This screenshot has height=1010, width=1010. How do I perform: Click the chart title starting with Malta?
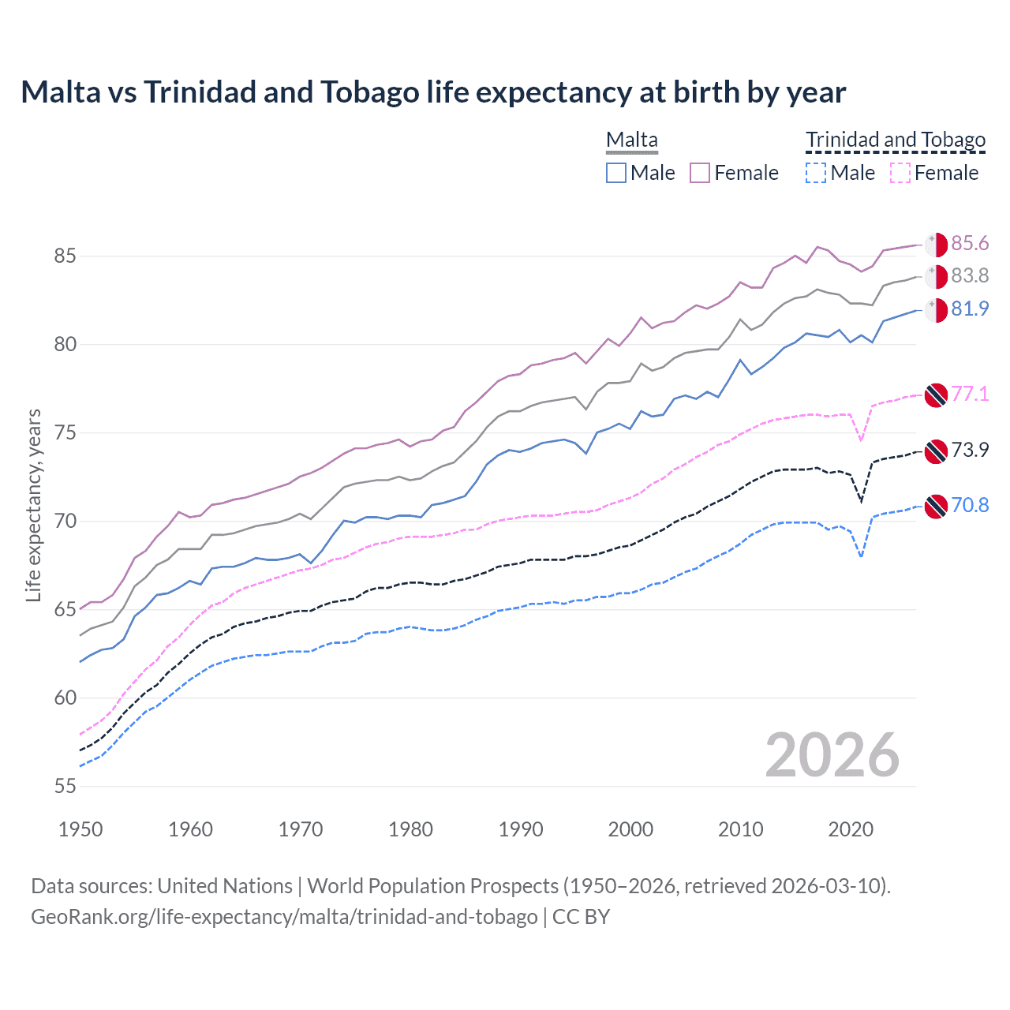point(433,92)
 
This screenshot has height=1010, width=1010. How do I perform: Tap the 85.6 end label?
point(970,244)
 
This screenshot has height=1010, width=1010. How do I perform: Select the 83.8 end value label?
point(970,276)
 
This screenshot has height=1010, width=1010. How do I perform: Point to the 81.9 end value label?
point(970,309)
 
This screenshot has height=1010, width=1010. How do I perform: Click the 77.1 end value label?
point(970,394)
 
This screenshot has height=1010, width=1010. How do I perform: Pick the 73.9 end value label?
point(970,451)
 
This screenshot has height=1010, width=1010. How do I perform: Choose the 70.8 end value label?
point(970,506)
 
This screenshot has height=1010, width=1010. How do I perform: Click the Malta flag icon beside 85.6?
point(936,245)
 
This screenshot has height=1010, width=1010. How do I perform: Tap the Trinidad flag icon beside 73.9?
point(936,451)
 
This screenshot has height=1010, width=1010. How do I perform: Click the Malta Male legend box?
point(616,173)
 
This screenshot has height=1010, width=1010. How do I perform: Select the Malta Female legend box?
point(700,173)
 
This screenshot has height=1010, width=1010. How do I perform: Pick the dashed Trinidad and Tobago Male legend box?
point(816,173)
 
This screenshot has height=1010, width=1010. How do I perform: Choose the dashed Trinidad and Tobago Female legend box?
point(900,173)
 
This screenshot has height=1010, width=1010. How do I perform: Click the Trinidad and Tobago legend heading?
point(896,140)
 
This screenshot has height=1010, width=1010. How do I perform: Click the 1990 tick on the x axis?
point(521,829)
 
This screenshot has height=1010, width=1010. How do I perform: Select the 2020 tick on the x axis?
point(851,829)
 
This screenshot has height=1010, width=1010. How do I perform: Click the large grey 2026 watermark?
point(832,756)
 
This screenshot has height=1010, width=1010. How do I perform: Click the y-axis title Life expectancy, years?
point(33,505)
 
